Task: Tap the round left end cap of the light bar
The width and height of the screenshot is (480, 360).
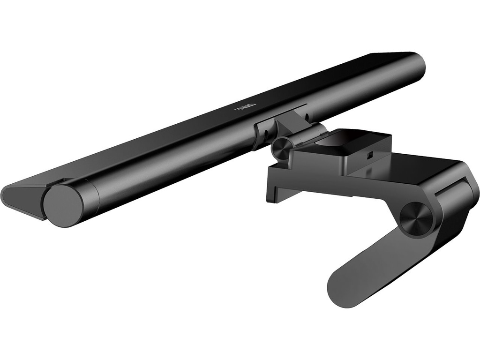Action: (64, 205)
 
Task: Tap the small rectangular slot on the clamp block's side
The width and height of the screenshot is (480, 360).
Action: (369, 155)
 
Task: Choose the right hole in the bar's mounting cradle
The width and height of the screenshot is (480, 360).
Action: (306, 115)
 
